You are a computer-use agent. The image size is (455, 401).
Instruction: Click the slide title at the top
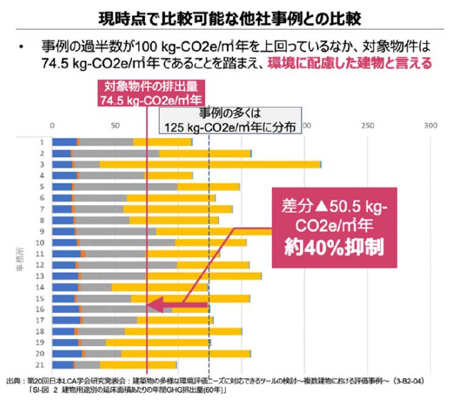click(x=227, y=16)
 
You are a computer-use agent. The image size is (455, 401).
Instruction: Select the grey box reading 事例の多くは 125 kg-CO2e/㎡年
click(x=230, y=120)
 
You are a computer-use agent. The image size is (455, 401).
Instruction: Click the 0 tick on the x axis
click(x=52, y=126)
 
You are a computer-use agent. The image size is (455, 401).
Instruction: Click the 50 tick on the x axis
click(x=115, y=126)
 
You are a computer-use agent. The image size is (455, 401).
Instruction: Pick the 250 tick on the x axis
click(x=367, y=126)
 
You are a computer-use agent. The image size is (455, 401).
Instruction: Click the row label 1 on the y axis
click(x=42, y=142)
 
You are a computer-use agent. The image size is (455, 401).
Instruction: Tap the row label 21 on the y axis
click(x=40, y=364)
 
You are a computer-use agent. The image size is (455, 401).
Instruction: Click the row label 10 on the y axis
click(x=40, y=242)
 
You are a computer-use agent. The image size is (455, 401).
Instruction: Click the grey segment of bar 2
click(x=115, y=153)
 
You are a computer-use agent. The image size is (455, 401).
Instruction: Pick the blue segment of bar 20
click(x=66, y=354)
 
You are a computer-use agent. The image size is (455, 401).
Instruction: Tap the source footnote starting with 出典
click(x=219, y=384)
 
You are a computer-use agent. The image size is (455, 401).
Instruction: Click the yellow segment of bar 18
click(x=183, y=331)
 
